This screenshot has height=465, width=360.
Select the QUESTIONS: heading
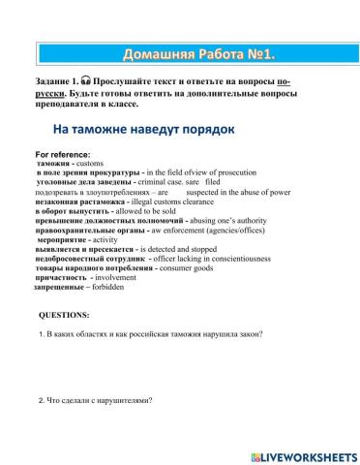(63, 315)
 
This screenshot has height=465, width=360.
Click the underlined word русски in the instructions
(56, 93)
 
